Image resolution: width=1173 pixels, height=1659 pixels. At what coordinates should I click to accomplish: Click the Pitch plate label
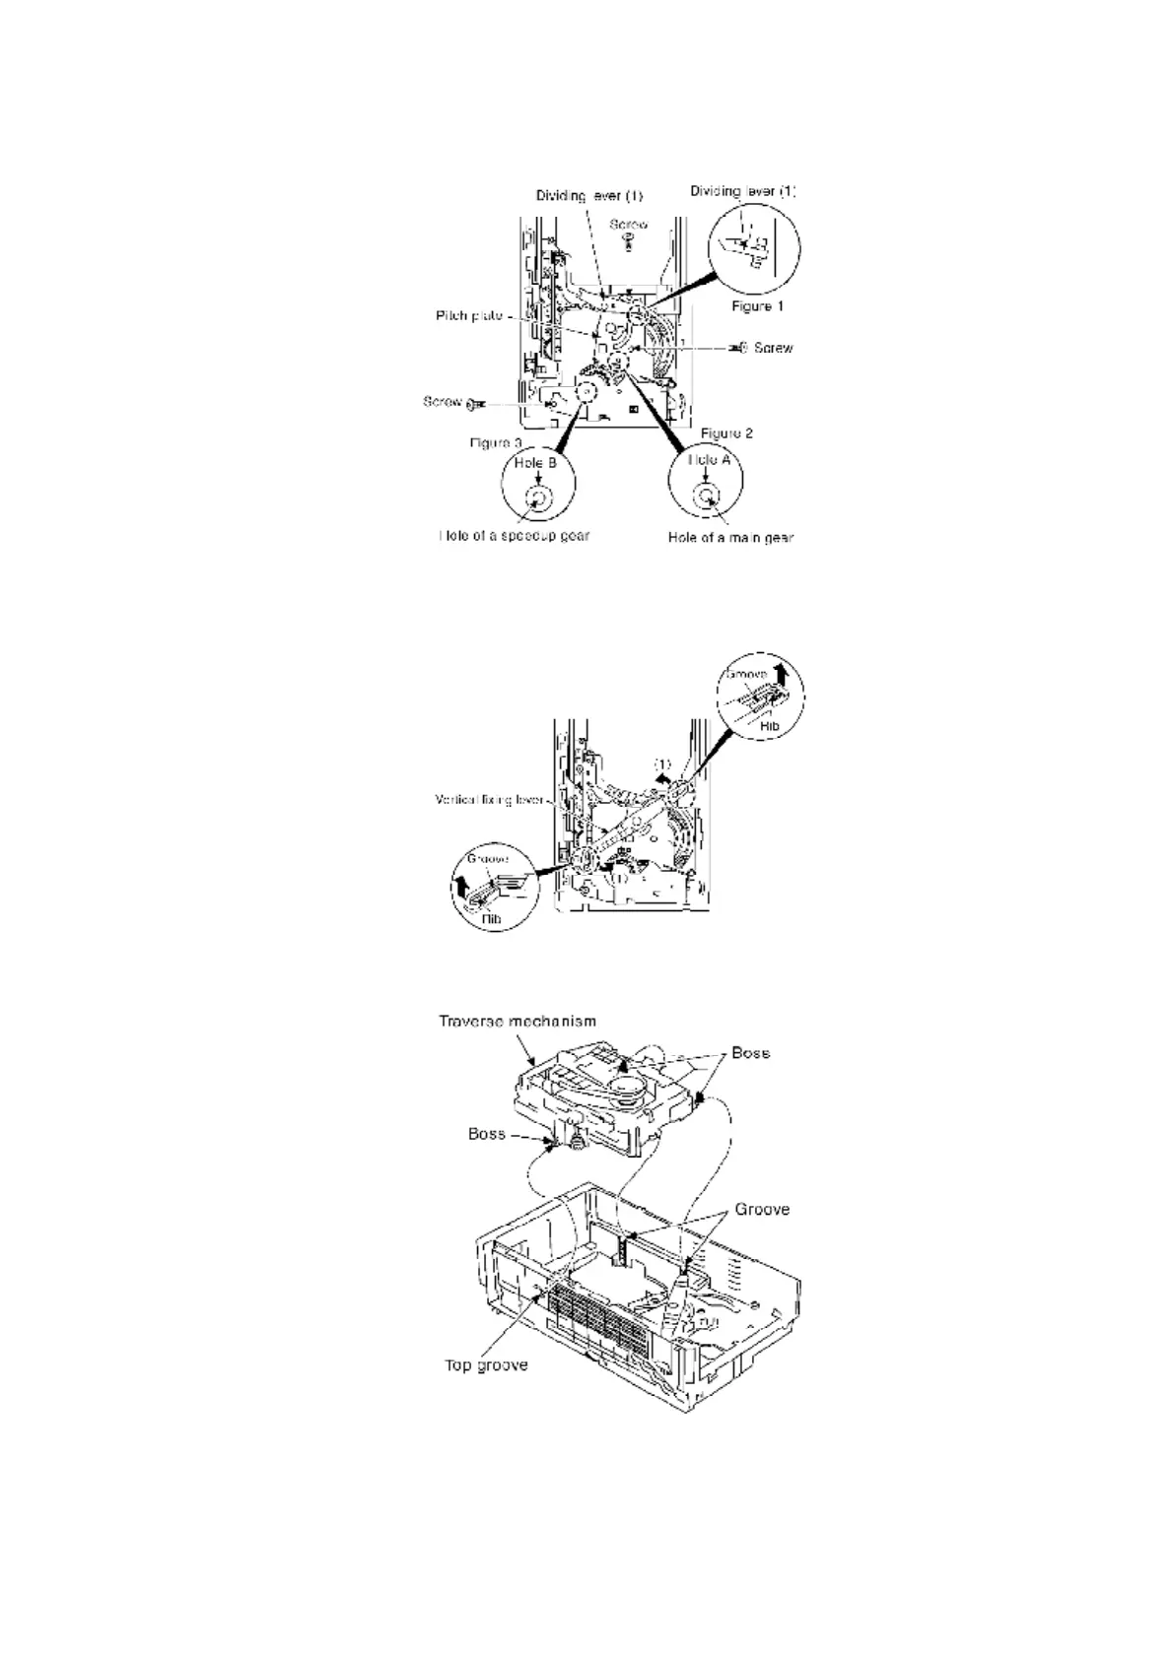tap(469, 316)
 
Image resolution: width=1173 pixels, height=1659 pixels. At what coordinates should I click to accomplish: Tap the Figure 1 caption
tap(757, 306)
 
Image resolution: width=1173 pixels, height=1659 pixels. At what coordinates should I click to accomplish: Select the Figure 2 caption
tap(727, 433)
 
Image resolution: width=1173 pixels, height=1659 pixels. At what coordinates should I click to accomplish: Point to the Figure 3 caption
tap(495, 443)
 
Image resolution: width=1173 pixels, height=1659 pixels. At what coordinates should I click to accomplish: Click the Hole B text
tap(537, 463)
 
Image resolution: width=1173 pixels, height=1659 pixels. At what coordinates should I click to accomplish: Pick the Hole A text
tap(705, 460)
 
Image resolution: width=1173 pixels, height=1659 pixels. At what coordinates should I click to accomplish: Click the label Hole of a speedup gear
tap(514, 536)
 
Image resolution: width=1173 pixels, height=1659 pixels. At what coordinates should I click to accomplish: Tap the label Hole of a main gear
tap(730, 537)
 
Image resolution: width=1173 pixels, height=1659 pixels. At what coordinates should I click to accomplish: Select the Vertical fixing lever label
tap(490, 800)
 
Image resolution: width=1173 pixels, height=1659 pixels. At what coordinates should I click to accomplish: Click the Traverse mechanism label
tap(517, 1022)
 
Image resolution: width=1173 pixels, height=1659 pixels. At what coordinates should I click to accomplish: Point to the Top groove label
tap(486, 1365)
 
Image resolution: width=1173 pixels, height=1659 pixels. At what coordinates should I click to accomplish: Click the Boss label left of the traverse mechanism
tap(487, 1134)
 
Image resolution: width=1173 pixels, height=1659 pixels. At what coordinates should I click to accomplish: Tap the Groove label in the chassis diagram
tap(762, 1209)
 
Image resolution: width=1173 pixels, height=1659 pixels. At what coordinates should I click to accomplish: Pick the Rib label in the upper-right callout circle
tap(770, 725)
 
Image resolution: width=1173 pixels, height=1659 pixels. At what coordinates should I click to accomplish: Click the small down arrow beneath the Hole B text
tap(537, 478)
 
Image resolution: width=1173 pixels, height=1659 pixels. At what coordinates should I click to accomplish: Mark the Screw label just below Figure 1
tap(773, 348)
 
